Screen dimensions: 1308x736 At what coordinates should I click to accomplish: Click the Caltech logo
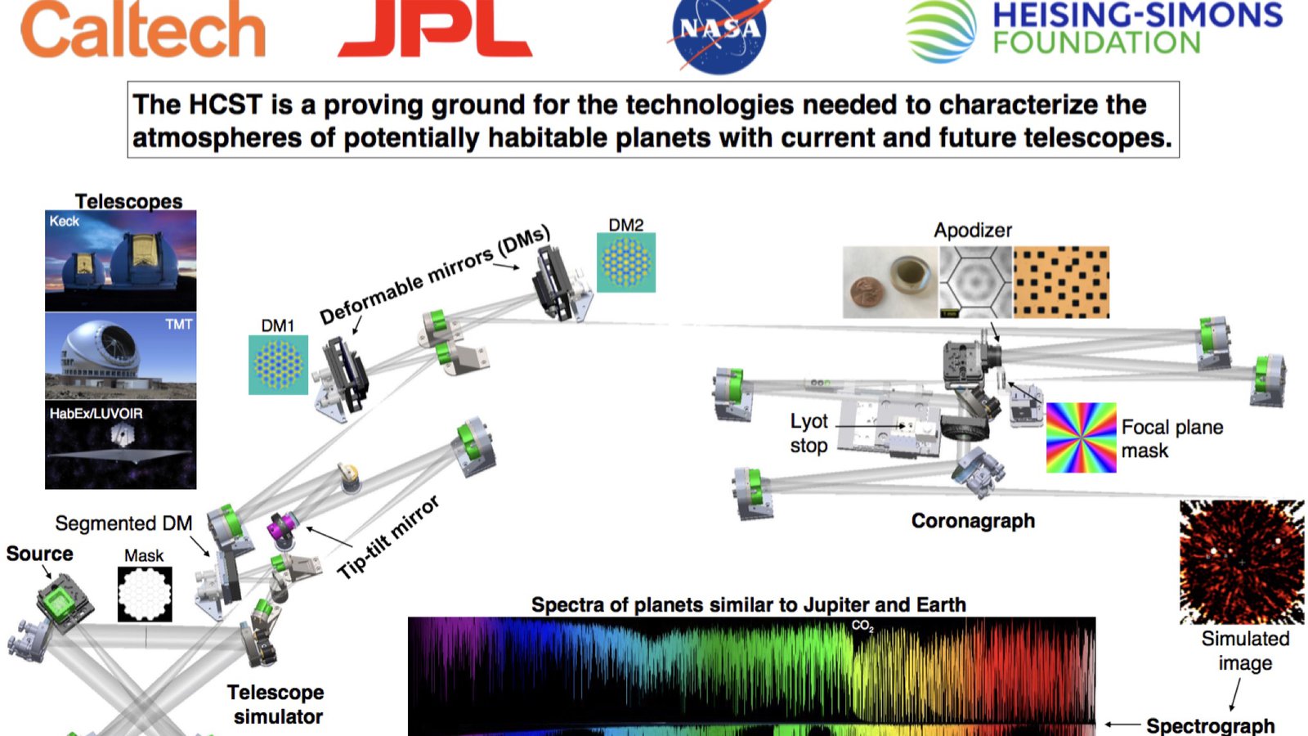143,29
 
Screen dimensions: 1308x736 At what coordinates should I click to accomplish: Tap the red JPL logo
435,29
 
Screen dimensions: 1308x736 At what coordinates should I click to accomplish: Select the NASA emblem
719,35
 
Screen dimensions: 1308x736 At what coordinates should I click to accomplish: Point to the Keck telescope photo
121,261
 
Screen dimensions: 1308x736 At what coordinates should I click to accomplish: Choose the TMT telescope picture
121,356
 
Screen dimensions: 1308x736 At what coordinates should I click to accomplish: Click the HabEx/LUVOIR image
121,445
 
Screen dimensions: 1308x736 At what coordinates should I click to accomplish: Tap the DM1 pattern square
278,365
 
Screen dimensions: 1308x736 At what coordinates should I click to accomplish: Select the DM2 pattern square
626,263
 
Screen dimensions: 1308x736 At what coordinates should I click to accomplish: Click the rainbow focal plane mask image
1081,438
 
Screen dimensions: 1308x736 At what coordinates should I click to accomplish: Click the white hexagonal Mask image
145,594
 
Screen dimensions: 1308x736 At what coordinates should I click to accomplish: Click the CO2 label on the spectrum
862,626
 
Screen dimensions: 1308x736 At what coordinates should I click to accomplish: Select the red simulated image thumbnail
1242,562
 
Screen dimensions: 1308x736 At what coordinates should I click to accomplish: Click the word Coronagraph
973,520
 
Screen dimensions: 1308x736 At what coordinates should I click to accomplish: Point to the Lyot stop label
809,433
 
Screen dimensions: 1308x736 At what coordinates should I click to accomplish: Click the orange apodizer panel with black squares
1061,282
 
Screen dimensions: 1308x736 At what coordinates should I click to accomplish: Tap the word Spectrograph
1211,725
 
